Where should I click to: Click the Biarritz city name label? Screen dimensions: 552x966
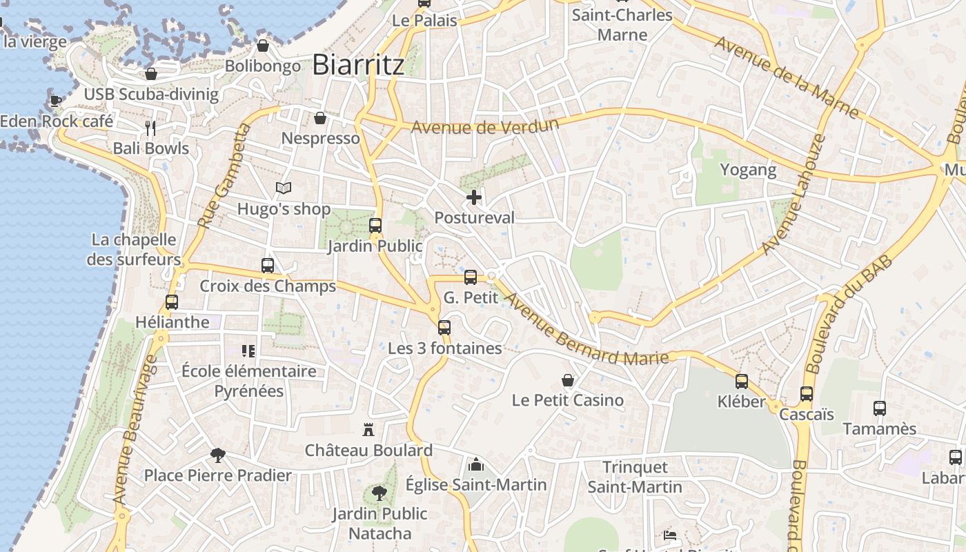(x=358, y=65)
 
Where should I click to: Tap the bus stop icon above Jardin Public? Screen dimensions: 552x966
(x=375, y=226)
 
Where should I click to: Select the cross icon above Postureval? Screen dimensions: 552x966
(x=474, y=198)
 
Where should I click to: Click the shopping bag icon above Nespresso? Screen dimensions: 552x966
(x=320, y=118)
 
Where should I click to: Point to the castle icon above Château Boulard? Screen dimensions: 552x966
(x=368, y=430)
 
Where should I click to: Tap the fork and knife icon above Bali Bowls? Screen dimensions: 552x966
(x=150, y=128)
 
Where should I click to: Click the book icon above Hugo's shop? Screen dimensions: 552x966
(x=284, y=188)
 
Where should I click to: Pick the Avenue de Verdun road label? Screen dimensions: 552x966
(x=484, y=126)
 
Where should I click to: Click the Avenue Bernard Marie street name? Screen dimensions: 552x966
(x=586, y=328)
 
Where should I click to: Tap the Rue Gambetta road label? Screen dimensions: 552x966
(x=223, y=176)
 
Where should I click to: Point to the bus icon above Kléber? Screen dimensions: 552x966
(x=742, y=382)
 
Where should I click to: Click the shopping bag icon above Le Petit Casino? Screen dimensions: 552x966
(x=568, y=380)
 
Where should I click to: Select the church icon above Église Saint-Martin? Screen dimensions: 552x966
(x=475, y=465)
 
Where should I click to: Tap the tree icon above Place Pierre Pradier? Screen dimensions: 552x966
(x=218, y=455)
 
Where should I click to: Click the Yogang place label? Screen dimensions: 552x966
(x=748, y=170)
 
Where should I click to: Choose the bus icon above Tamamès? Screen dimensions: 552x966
(x=880, y=408)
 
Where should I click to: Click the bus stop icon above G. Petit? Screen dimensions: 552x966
(x=471, y=277)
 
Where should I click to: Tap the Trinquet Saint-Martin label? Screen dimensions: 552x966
(x=635, y=477)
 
